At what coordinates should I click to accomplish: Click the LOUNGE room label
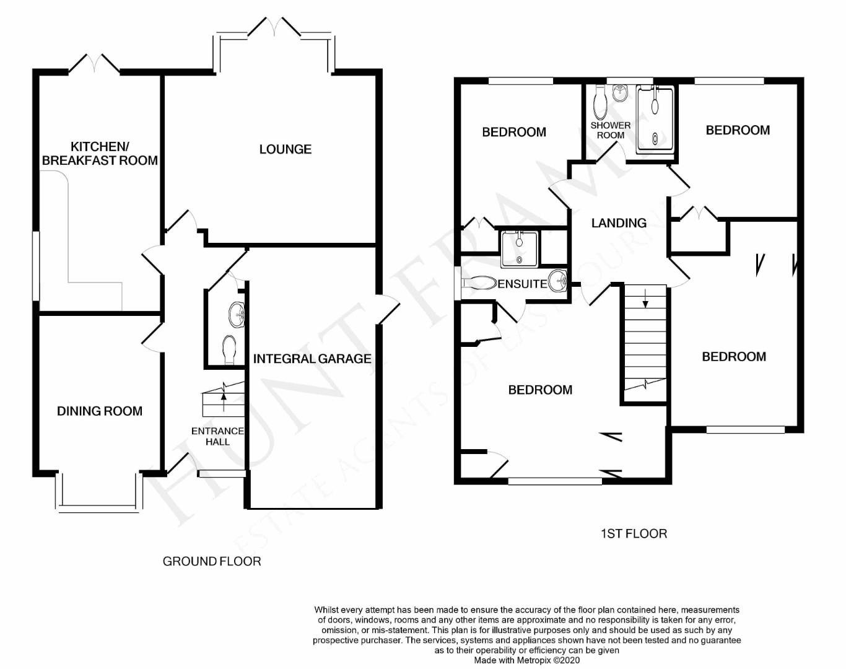[x=285, y=149]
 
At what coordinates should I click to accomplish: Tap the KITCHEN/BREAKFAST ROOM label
[x=100, y=154]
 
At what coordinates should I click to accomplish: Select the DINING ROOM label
[x=100, y=411]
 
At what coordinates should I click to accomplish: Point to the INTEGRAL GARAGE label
[x=312, y=359]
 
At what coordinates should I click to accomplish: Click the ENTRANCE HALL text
[x=217, y=436]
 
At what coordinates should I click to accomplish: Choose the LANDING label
[x=619, y=223]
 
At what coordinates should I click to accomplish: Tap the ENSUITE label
[x=523, y=284]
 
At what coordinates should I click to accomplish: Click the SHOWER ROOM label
[x=610, y=130]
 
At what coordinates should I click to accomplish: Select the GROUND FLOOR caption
[x=212, y=561]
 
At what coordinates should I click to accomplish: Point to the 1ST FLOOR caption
[x=634, y=533]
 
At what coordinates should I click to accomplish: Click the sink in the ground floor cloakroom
[x=237, y=315]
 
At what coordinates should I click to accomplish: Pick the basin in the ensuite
[x=559, y=281]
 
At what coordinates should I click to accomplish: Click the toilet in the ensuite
[x=480, y=283]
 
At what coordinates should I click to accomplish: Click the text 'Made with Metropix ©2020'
[x=527, y=660]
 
